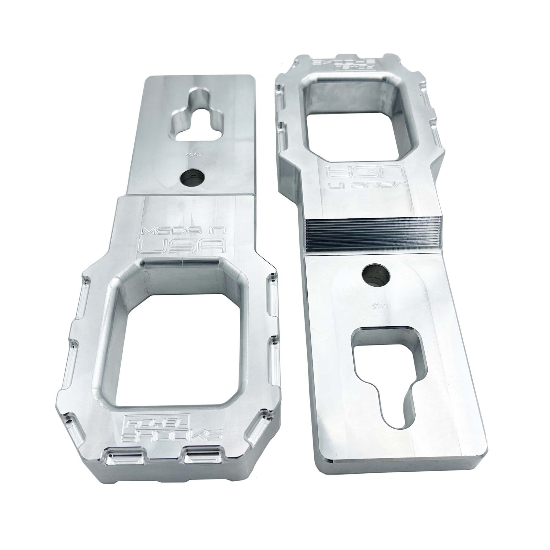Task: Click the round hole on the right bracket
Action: point(377,274)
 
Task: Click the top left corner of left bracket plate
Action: point(147,78)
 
